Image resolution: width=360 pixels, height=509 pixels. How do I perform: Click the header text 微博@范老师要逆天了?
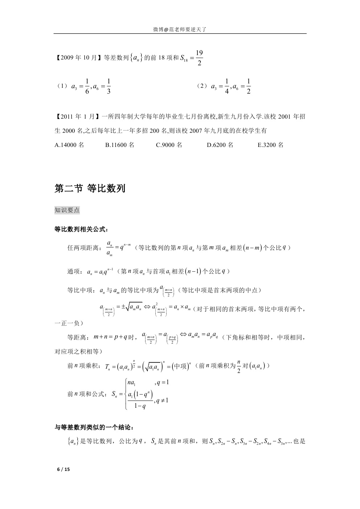click(x=180, y=30)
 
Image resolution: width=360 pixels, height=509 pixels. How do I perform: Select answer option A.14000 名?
click(x=69, y=145)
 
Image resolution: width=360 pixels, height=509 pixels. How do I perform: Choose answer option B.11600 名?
click(x=120, y=145)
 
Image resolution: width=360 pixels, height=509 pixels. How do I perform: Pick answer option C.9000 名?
click(x=169, y=145)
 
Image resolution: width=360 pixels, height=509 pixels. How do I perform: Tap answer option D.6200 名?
click(x=220, y=145)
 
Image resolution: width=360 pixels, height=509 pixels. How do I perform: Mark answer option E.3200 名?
click(x=271, y=145)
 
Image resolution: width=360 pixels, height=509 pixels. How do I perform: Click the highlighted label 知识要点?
click(x=67, y=210)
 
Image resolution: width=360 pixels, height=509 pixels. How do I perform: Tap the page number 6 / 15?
click(x=63, y=469)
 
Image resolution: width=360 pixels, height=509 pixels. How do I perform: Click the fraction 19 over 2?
click(x=199, y=58)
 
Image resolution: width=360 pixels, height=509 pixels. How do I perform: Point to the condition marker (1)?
click(x=62, y=86)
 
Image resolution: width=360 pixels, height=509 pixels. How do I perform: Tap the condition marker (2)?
click(x=202, y=86)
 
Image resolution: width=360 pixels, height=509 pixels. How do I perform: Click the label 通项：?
click(x=75, y=272)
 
